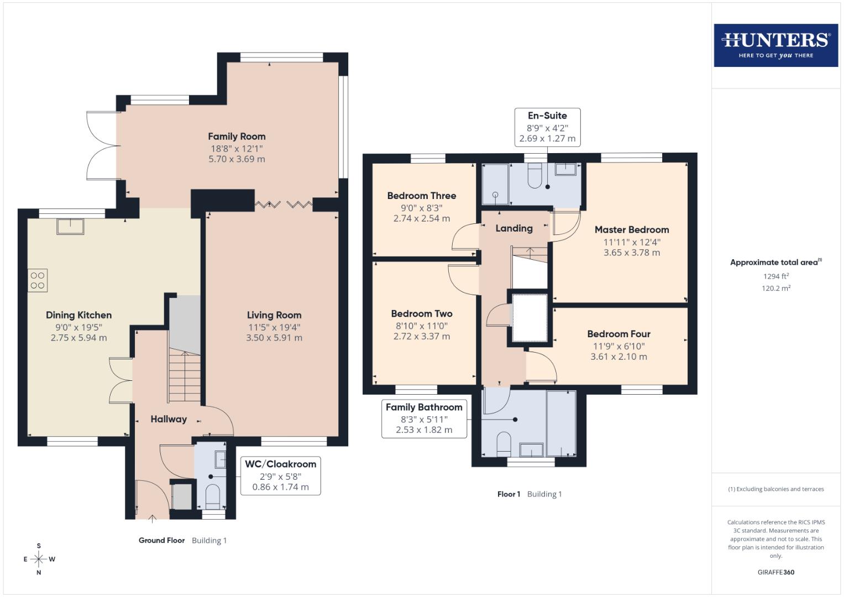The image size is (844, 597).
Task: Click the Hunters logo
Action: (x=775, y=45)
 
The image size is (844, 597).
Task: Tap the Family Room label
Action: (x=237, y=137)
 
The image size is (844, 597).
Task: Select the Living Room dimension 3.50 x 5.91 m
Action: (x=274, y=338)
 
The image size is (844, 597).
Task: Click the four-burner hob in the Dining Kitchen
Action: (x=38, y=280)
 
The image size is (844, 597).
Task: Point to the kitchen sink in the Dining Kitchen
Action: (x=70, y=227)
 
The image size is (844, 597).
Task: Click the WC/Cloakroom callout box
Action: (x=280, y=475)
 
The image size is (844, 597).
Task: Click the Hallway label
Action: (x=169, y=419)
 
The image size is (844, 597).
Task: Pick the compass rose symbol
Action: (x=39, y=559)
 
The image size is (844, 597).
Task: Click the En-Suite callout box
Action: (x=547, y=127)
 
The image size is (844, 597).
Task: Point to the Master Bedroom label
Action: (x=632, y=230)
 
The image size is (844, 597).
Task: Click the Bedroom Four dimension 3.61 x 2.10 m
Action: (x=618, y=357)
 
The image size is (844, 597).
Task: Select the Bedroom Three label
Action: (x=421, y=196)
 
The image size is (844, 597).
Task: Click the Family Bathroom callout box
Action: (x=424, y=418)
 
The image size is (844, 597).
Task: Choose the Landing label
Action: (x=513, y=228)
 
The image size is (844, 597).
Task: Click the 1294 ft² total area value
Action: (x=775, y=276)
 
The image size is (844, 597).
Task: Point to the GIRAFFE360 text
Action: (x=775, y=572)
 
